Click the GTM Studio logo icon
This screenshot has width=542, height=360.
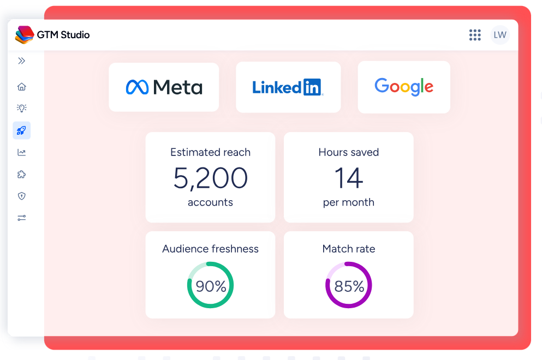click(x=25, y=35)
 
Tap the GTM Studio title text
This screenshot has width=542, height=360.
click(x=63, y=35)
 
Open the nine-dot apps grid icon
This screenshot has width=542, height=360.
click(x=475, y=35)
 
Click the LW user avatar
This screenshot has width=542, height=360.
click(x=500, y=35)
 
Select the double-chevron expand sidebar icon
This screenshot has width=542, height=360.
click(x=21, y=61)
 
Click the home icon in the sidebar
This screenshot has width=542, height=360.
click(x=21, y=86)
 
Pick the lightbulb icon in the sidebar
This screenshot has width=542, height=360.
click(x=21, y=108)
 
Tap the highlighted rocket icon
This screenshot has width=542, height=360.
click(x=21, y=130)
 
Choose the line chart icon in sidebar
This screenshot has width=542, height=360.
click(x=21, y=152)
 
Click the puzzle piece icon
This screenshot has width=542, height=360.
click(x=21, y=174)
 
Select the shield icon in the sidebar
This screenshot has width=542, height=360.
click(x=21, y=196)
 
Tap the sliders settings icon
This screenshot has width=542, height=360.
click(x=21, y=218)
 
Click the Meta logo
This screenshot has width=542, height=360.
click(x=164, y=87)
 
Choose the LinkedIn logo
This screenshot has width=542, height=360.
click(x=288, y=87)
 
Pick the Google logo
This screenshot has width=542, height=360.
click(x=404, y=86)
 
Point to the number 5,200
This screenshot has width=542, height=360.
click(x=211, y=178)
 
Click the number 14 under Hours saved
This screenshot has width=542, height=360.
click(x=349, y=178)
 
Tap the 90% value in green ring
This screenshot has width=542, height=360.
click(x=211, y=286)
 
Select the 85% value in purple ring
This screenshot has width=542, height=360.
click(x=349, y=286)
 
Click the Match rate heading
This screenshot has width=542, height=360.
click(x=349, y=249)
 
